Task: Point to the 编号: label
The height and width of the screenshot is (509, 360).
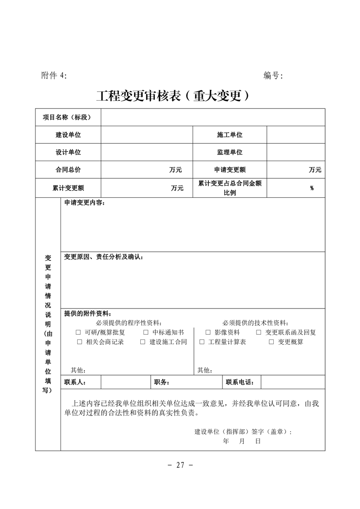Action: [x=273, y=75]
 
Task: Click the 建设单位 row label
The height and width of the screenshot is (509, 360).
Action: [x=68, y=135]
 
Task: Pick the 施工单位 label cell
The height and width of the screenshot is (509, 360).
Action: [x=230, y=135]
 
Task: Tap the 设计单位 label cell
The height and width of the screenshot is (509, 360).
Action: [x=68, y=152]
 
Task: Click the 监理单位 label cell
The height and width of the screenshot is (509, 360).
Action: [x=230, y=152]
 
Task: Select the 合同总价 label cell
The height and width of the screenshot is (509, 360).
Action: [x=68, y=170]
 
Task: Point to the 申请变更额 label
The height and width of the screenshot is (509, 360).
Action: [x=230, y=170]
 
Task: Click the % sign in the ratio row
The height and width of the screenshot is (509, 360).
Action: [x=312, y=188]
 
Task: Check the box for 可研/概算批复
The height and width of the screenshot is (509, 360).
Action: [x=79, y=333]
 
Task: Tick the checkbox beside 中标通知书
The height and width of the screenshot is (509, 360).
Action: [x=146, y=333]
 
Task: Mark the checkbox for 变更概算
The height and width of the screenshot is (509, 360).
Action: [x=271, y=342]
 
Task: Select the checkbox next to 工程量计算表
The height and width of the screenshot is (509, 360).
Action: [x=202, y=342]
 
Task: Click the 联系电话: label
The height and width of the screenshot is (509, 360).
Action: [x=241, y=382]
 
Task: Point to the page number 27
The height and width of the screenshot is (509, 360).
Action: [x=180, y=465]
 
